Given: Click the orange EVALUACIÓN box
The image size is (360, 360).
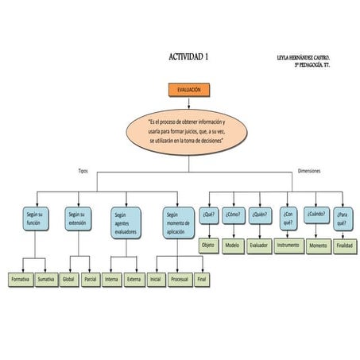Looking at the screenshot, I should pyautogui.click(x=188, y=91).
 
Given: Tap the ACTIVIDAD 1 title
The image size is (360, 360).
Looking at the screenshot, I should pyautogui.click(x=189, y=57).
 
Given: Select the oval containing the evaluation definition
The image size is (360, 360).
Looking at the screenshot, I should pyautogui.click(x=188, y=130).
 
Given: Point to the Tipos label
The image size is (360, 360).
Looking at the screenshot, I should pyautogui.click(x=83, y=171).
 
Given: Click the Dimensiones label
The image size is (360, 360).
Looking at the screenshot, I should pyautogui.click(x=309, y=171).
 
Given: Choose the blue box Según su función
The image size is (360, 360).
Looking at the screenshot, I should pyautogui.click(x=33, y=219).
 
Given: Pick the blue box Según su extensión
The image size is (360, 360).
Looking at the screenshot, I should pyautogui.click(x=77, y=219).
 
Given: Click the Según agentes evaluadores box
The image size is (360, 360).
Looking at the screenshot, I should pyautogui.click(x=125, y=223).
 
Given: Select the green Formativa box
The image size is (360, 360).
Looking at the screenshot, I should pyautogui.click(x=20, y=280).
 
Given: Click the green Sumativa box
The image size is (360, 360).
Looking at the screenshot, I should pyautogui.click(x=47, y=280).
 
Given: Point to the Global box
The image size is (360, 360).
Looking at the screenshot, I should pyautogui.click(x=68, y=280).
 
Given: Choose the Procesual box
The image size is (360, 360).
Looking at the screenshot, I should pyautogui.click(x=179, y=280).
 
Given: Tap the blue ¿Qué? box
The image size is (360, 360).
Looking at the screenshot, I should pyautogui.click(x=209, y=215).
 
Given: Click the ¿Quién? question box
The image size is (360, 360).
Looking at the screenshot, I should pyautogui.click(x=257, y=215).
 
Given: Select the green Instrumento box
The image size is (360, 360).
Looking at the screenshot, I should pyautogui.click(x=288, y=246).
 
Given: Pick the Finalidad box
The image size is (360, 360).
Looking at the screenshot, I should pyautogui.click(x=343, y=246).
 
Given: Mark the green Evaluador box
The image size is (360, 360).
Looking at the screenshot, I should pyautogui.click(x=258, y=246).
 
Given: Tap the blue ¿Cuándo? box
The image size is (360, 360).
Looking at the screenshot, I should pyautogui.click(x=315, y=215).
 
